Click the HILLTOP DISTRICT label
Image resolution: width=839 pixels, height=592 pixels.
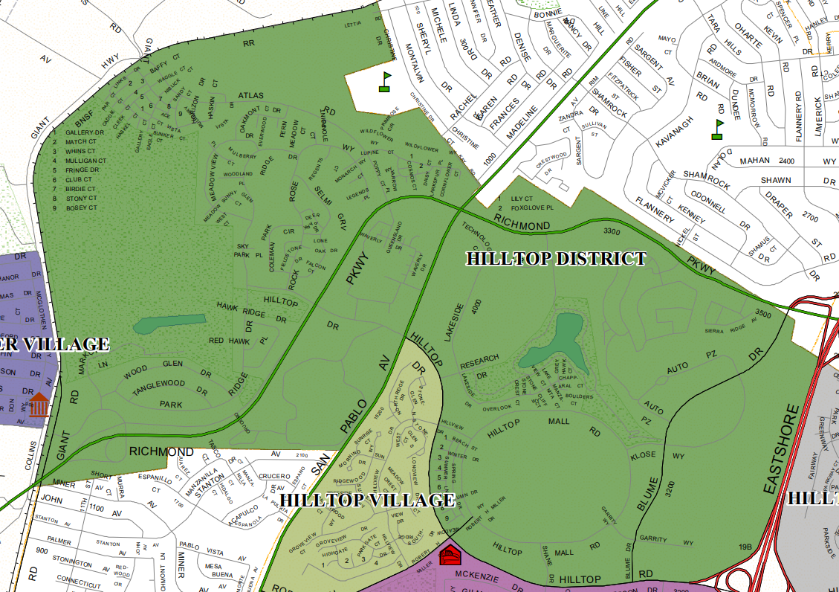pos(556,259)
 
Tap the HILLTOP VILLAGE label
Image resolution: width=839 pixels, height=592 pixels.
pos(366,500)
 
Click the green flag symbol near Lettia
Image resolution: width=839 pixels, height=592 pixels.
pos(385,81)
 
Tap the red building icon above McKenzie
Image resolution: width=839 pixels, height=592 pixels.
pos(450,554)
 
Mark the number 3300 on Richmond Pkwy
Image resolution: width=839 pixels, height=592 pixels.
pos(612,232)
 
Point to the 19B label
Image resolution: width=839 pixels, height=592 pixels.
pos(745,548)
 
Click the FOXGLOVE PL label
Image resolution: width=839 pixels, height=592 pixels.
pos(533,208)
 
